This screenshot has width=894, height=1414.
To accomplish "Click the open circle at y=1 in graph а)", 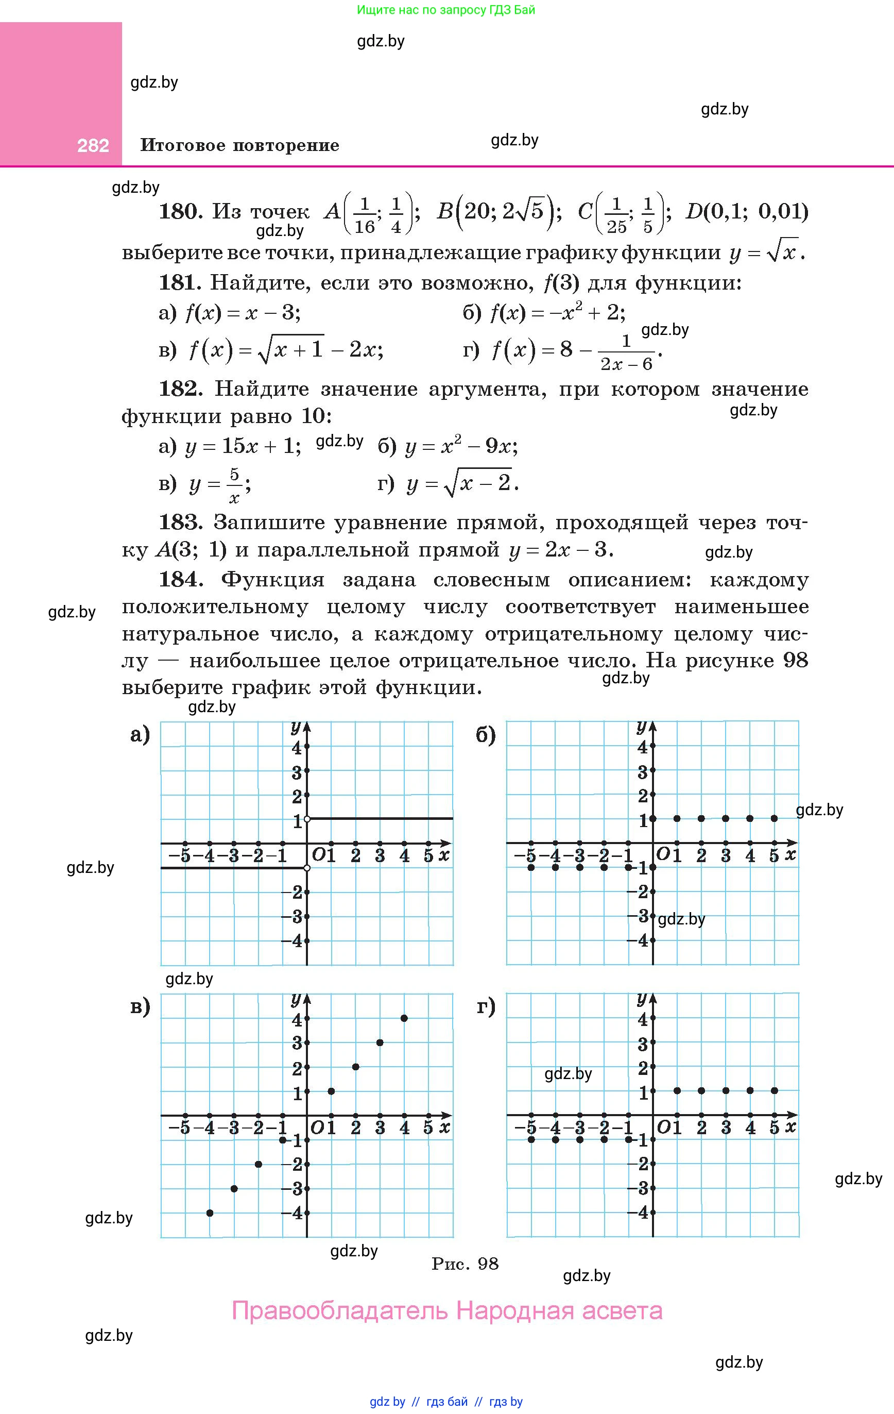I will pyautogui.click(x=307, y=819).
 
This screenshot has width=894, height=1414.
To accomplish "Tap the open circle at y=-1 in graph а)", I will pyautogui.click(x=307, y=868).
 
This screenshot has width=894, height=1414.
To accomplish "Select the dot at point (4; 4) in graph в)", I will pyautogui.click(x=404, y=1018).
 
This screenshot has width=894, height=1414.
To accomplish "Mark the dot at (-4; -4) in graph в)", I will pyautogui.click(x=210, y=1213).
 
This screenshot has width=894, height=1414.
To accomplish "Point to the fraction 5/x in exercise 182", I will pyautogui.click(x=234, y=486).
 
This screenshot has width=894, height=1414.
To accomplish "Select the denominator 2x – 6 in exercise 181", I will pyautogui.click(x=626, y=365).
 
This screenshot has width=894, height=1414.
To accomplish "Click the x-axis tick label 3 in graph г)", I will pyautogui.click(x=726, y=1127).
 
